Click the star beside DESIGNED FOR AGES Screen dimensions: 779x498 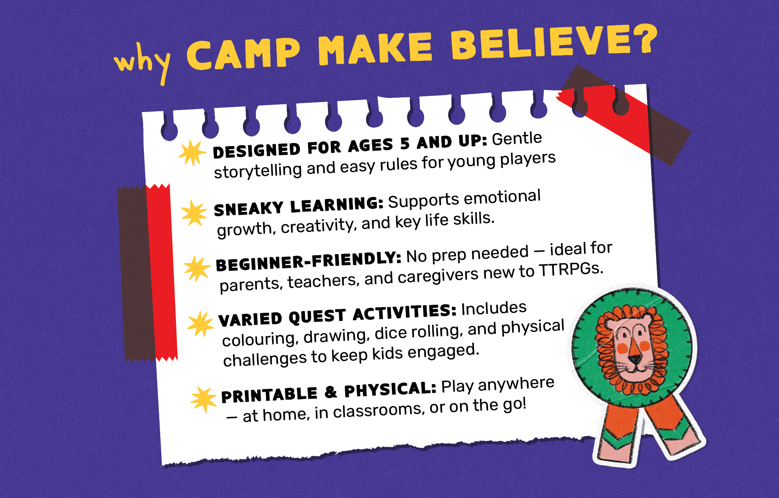192,153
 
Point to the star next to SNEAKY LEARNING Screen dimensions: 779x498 194,213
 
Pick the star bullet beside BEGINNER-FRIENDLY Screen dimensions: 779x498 197,269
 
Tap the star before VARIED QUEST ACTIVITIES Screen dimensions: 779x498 200,324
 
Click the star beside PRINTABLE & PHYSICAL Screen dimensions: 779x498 204,400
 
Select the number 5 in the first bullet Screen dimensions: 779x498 405,144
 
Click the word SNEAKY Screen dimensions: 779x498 249,209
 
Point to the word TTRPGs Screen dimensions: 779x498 571,270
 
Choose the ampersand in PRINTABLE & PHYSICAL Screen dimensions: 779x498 331,392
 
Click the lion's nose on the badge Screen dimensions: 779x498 635,359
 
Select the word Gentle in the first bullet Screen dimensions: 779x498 517,139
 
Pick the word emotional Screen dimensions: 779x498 502,198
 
